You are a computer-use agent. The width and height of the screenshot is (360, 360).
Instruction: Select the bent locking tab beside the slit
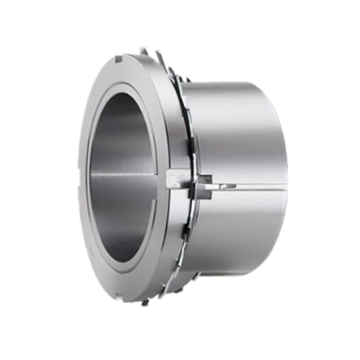(204, 182)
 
